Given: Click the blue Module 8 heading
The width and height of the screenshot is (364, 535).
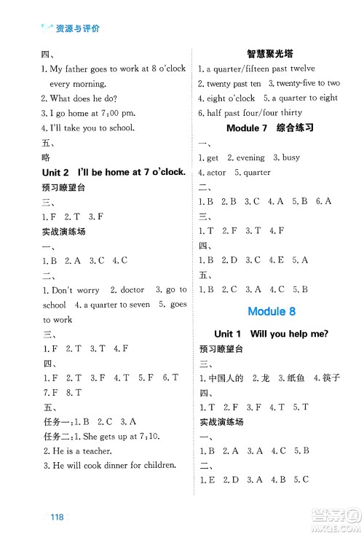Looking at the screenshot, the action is pos(272,311).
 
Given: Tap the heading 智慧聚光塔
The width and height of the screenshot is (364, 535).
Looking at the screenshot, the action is pos(271,52).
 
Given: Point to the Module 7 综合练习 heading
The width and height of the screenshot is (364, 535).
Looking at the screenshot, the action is pos(270,128).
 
